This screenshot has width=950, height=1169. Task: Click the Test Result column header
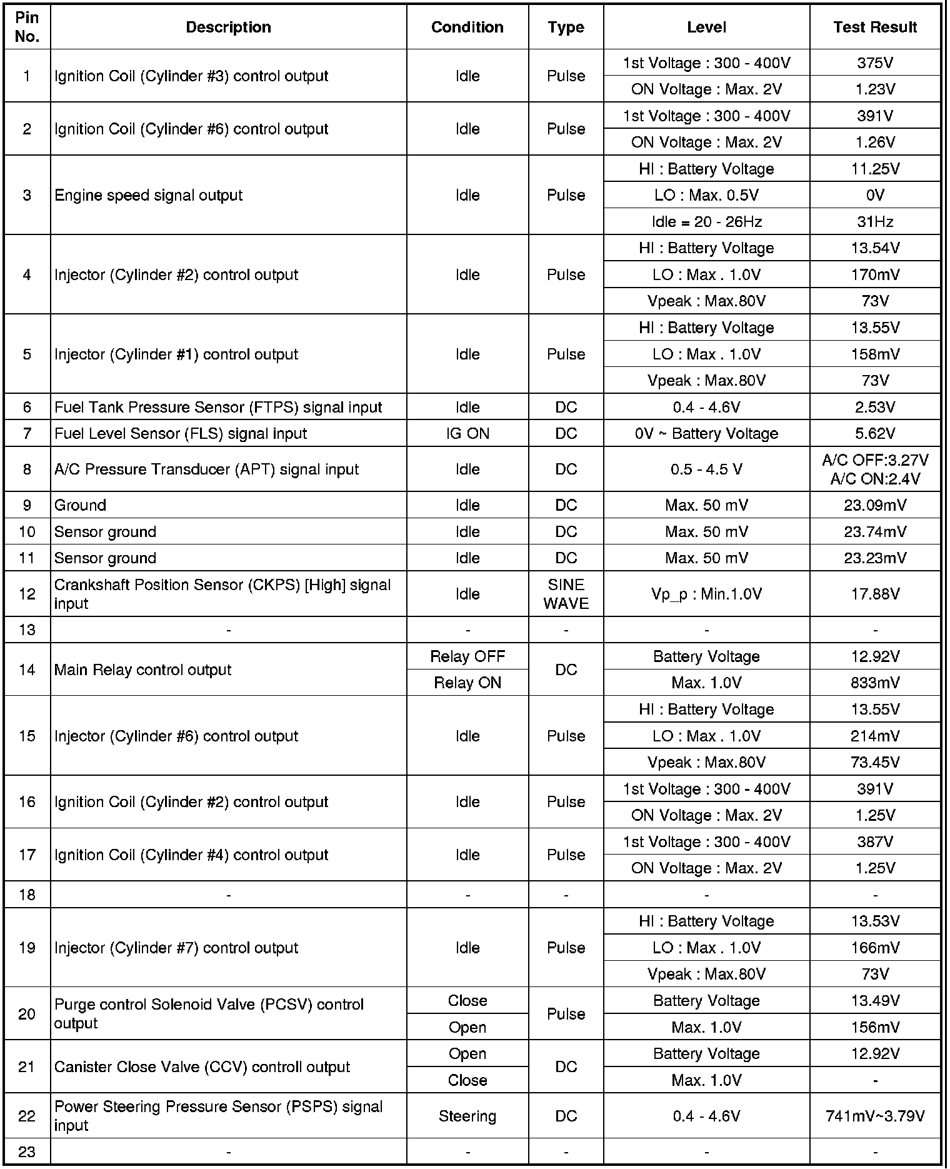(x=874, y=27)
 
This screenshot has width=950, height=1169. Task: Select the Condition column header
(x=467, y=27)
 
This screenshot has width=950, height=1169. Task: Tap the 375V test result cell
(x=874, y=63)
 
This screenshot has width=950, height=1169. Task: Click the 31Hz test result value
(x=874, y=221)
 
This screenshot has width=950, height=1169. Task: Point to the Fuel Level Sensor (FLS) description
(x=181, y=433)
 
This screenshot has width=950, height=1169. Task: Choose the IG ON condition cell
(x=467, y=433)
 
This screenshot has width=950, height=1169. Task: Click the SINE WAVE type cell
(x=566, y=594)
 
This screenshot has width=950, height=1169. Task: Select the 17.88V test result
(x=874, y=594)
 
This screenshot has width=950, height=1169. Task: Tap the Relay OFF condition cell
(x=467, y=656)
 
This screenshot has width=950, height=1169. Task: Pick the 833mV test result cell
(x=874, y=683)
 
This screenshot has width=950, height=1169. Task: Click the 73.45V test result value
(x=874, y=762)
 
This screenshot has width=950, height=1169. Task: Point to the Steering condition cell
(x=467, y=1116)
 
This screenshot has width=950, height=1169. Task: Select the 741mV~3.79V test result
(x=874, y=1116)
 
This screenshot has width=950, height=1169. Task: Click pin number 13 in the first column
(x=27, y=630)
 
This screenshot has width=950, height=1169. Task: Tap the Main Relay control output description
(x=143, y=670)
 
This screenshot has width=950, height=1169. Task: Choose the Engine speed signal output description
(x=149, y=195)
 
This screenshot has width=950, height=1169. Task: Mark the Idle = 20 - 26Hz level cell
(x=706, y=221)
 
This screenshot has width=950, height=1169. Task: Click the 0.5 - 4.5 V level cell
(x=706, y=469)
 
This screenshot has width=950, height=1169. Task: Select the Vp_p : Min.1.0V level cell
(x=706, y=594)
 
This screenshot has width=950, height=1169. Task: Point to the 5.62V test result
(x=874, y=433)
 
